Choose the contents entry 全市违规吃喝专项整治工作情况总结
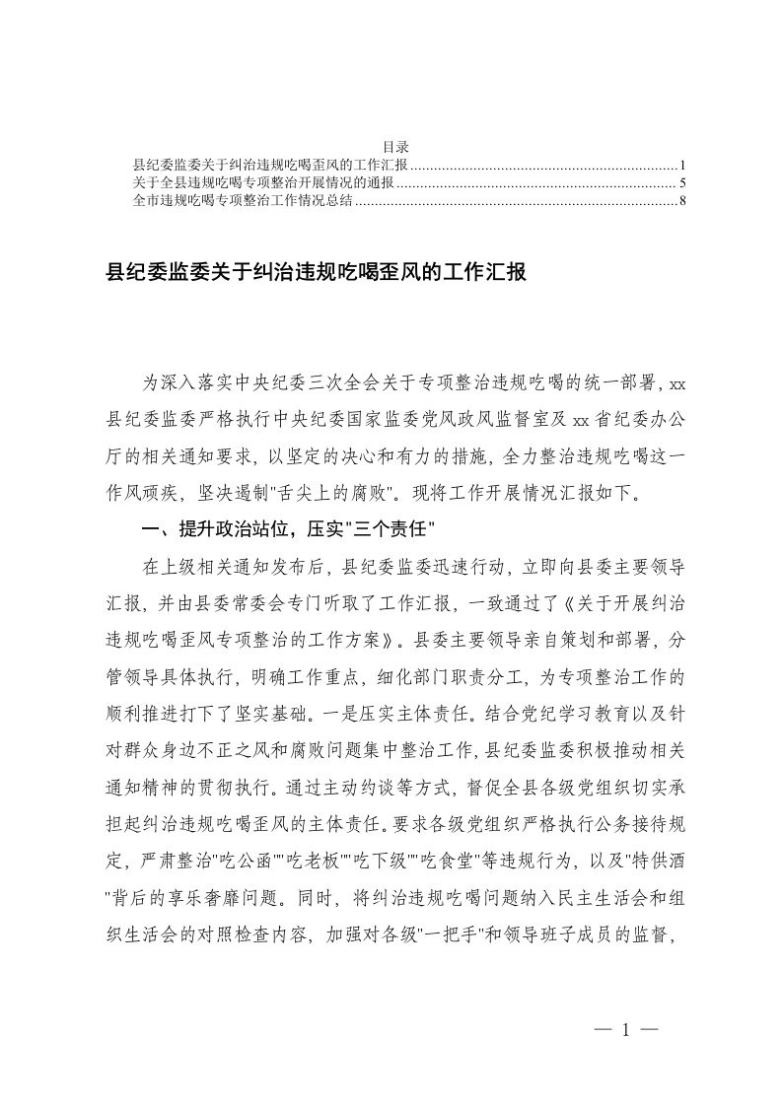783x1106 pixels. tap(243, 202)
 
